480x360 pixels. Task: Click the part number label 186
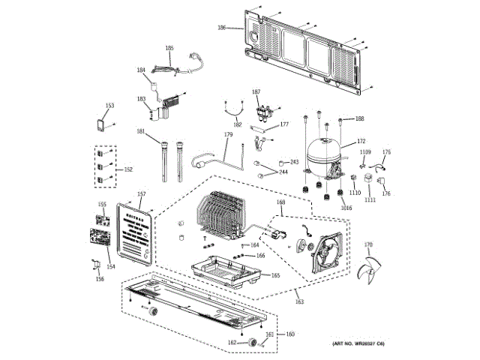tap(221, 28)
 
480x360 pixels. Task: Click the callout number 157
tap(140, 195)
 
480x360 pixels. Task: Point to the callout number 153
tap(109, 106)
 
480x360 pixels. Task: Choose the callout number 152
tap(127, 169)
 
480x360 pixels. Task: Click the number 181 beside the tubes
tap(140, 132)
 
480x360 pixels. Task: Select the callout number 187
tap(256, 91)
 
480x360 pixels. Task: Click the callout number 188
tap(360, 118)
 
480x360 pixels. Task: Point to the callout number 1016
tap(346, 208)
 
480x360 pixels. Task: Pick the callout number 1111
tap(370, 200)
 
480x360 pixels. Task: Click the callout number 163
tap(299, 302)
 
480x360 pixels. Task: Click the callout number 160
tap(290, 334)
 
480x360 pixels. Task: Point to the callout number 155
tap(102, 204)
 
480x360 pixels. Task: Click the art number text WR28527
tap(366, 343)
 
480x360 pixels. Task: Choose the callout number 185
tap(169, 48)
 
